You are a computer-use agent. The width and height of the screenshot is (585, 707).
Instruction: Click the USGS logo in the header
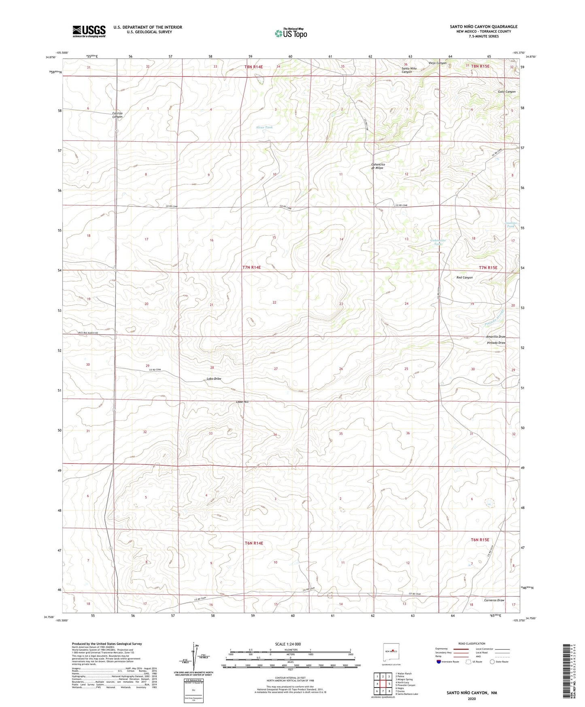point(89,31)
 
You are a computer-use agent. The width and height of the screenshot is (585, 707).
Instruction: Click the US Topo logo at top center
point(290,33)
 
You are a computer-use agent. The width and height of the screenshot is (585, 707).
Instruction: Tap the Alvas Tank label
point(264,127)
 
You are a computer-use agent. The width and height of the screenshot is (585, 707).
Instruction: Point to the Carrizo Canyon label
point(117,115)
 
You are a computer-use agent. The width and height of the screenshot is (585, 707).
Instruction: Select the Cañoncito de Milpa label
point(380,166)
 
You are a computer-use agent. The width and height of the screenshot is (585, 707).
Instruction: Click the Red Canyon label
point(464,277)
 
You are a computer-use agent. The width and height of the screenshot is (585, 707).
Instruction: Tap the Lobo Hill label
point(242,402)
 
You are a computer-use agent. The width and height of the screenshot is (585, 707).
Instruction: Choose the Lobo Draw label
point(214,379)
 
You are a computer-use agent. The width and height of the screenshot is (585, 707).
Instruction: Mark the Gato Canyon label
point(506,92)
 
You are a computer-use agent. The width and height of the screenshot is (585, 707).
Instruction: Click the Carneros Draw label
point(494,600)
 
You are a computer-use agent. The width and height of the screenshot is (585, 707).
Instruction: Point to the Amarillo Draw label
point(496,336)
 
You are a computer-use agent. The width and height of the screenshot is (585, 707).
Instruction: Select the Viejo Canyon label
point(437,63)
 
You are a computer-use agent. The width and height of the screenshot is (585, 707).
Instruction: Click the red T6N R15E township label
point(480,540)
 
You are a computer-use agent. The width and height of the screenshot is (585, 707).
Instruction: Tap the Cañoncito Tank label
point(438,242)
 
